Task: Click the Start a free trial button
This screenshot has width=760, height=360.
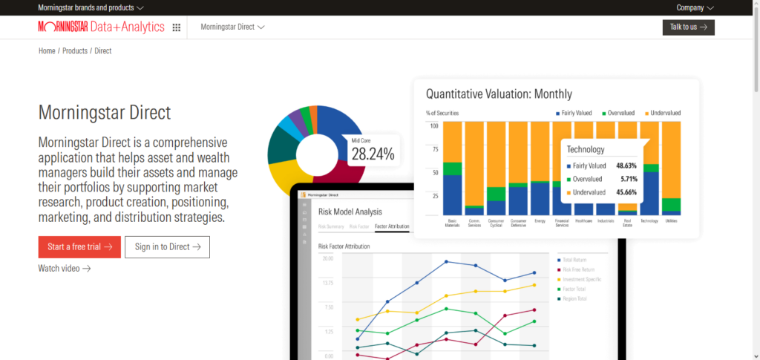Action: [x=79, y=247]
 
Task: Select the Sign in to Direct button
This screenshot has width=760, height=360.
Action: [x=167, y=247]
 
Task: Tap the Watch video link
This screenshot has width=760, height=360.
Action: [x=65, y=268]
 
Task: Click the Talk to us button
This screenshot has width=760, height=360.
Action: [x=688, y=27]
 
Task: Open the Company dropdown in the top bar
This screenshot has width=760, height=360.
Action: [x=695, y=7]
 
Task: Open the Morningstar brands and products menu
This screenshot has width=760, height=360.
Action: [x=91, y=7]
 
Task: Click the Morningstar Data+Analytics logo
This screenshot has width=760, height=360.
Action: [x=101, y=27]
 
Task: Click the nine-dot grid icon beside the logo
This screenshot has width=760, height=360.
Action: [x=177, y=27]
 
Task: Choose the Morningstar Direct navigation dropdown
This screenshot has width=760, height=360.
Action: [x=232, y=27]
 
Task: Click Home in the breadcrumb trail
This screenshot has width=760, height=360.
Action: [x=47, y=51]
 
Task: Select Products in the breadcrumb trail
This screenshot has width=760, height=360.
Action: [x=74, y=51]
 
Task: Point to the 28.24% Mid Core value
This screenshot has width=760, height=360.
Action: [x=373, y=154]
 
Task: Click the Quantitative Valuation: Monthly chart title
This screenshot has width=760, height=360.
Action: [x=499, y=94]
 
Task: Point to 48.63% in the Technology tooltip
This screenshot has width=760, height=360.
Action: [x=626, y=166]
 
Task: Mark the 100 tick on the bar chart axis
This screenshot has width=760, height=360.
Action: [x=435, y=125]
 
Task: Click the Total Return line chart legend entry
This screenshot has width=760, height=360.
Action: [x=574, y=260]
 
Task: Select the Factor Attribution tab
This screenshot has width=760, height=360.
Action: [x=392, y=226]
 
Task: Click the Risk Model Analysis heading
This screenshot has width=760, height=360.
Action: [x=350, y=211]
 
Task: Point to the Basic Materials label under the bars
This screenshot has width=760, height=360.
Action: [x=452, y=223]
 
